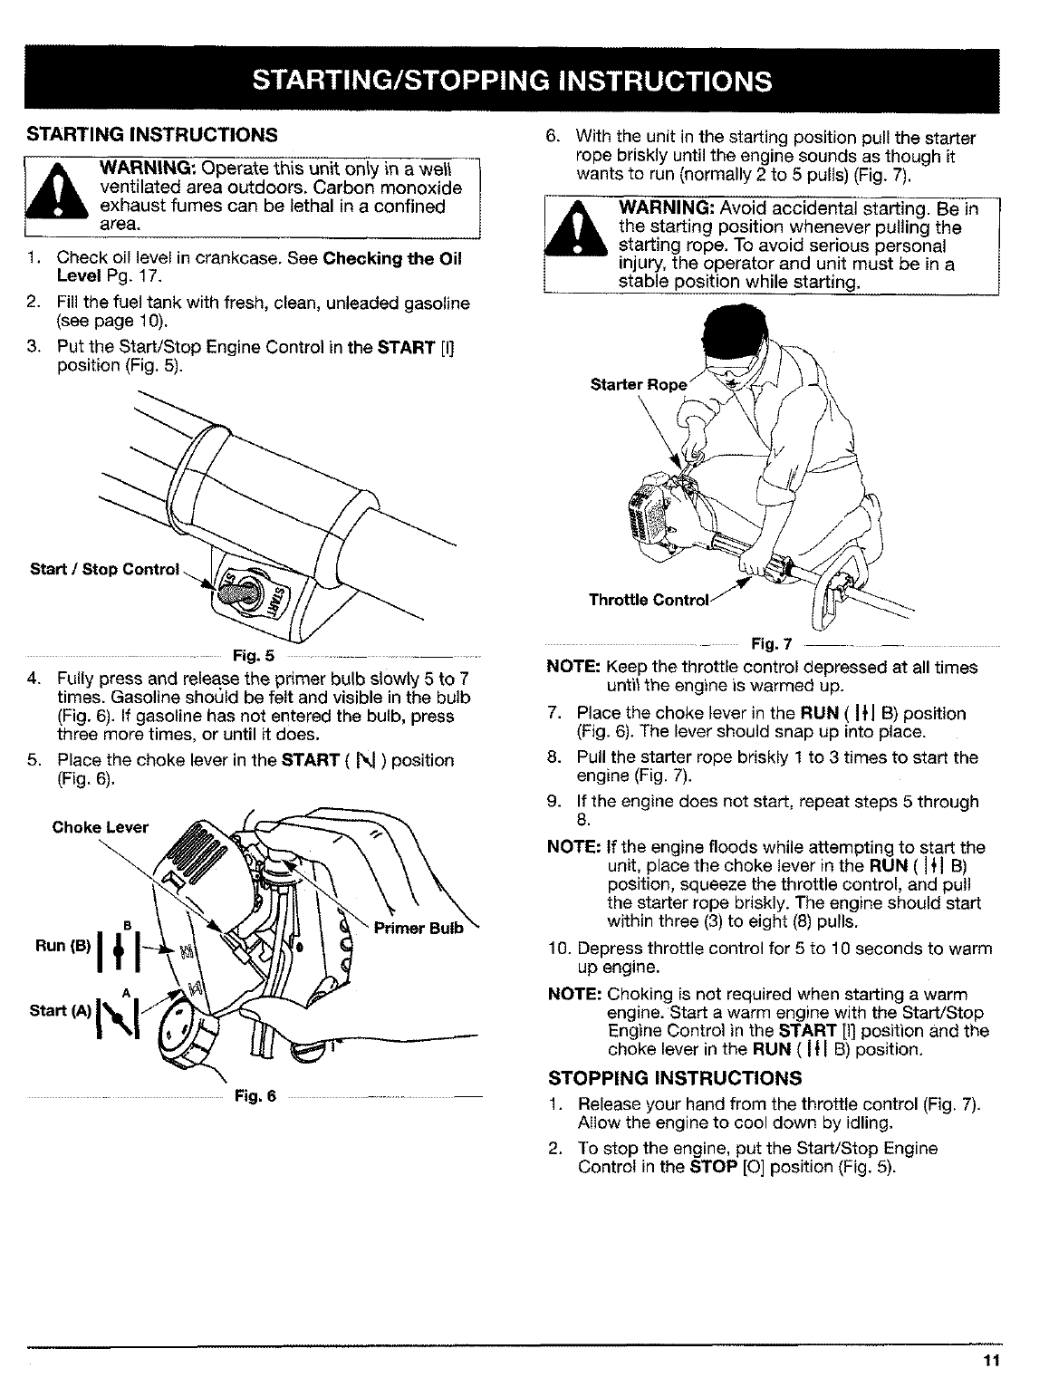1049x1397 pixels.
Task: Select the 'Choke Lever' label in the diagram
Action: (93, 826)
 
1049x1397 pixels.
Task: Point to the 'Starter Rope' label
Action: (637, 384)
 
